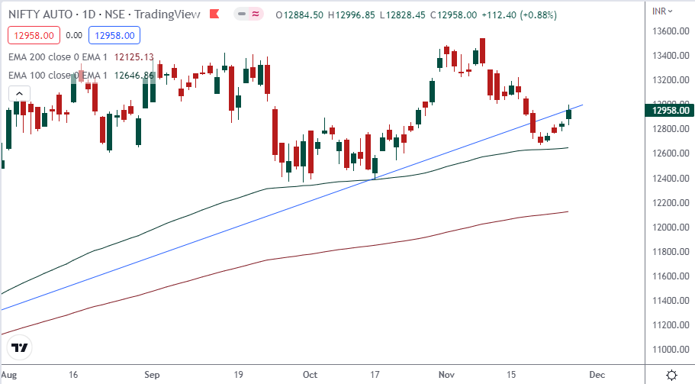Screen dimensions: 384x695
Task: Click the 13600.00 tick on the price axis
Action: (669, 31)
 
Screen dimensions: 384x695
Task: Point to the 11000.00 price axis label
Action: (669, 349)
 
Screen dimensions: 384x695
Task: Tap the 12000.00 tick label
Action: (669, 227)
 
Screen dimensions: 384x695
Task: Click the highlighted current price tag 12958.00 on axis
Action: (669, 110)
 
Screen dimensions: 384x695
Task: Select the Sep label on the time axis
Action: (152, 375)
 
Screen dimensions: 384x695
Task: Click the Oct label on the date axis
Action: (310, 375)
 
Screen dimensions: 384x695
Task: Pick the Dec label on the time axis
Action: (597, 375)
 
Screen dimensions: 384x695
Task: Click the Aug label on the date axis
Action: (10, 375)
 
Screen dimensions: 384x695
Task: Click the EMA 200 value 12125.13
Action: (134, 56)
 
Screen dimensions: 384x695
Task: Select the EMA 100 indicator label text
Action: (57, 75)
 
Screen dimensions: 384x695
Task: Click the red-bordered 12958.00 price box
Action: (31, 34)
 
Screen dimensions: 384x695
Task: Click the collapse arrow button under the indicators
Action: (19, 93)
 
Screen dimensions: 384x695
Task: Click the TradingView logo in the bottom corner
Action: (21, 347)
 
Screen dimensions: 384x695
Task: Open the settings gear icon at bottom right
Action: (671, 375)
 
